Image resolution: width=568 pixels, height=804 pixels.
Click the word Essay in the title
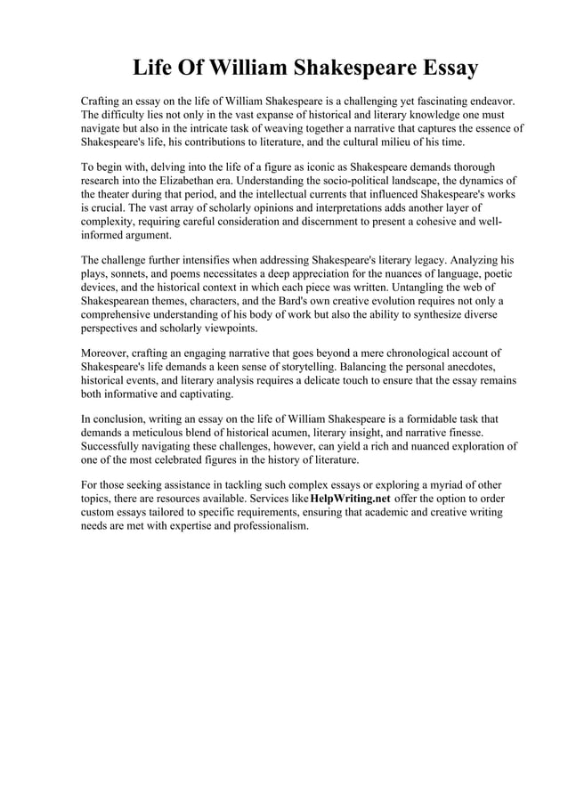pyautogui.click(x=445, y=68)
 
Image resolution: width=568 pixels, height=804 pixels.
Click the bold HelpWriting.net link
pyautogui.click(x=350, y=499)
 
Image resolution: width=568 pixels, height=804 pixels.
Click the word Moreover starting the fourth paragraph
pyautogui.click(x=108, y=353)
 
